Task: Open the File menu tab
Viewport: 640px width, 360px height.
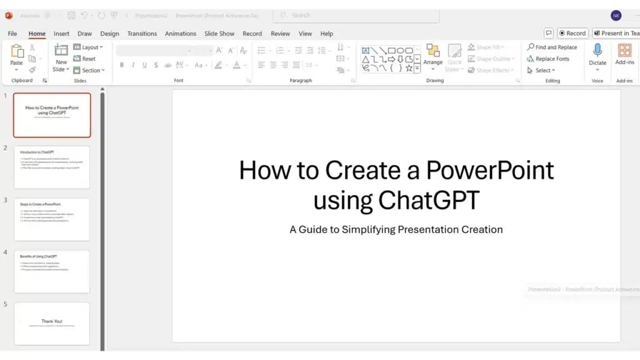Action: pyautogui.click(x=12, y=34)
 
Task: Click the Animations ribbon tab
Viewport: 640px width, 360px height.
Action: pyautogui.click(x=181, y=34)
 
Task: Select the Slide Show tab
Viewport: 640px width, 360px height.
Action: pyautogui.click(x=219, y=34)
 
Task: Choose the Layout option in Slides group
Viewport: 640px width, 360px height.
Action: pyautogui.click(x=89, y=47)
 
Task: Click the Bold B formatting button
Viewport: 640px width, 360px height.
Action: pyautogui.click(x=122, y=65)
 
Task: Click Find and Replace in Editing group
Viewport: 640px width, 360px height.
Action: pyautogui.click(x=552, y=47)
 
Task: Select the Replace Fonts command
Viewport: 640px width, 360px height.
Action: pyautogui.click(x=549, y=59)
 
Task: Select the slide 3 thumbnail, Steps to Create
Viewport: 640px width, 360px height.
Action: pyautogui.click(x=52, y=219)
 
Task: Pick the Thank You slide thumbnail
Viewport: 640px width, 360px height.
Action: pyautogui.click(x=52, y=324)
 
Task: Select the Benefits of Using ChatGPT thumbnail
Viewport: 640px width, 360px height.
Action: pyautogui.click(x=52, y=271)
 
